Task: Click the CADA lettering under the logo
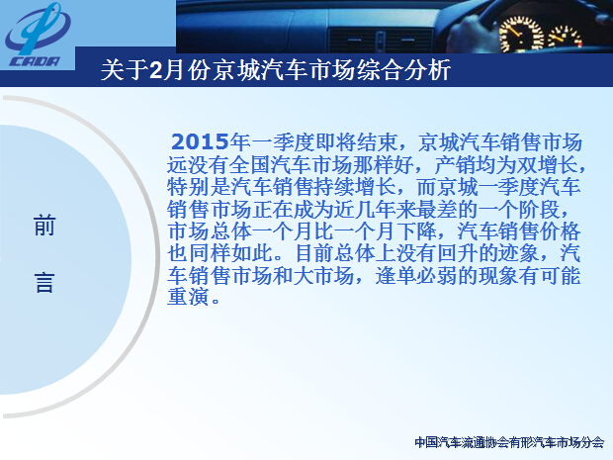pyautogui.click(x=35, y=61)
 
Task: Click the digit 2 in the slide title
pyautogui.click(x=156, y=70)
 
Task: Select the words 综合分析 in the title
pyautogui.click(x=403, y=70)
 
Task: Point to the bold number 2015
pyautogui.click(x=200, y=141)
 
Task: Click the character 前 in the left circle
pyautogui.click(x=44, y=226)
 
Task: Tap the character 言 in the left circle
pyautogui.click(x=44, y=282)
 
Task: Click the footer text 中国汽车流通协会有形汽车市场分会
pyautogui.click(x=509, y=442)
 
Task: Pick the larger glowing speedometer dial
pyautogui.click(x=521, y=35)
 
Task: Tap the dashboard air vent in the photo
pyautogui.click(x=382, y=40)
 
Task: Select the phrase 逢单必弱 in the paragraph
pyautogui.click(x=417, y=275)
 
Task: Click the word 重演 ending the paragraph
pyautogui.click(x=188, y=297)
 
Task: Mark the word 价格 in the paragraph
pyautogui.click(x=560, y=231)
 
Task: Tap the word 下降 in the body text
pyautogui.click(x=415, y=231)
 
